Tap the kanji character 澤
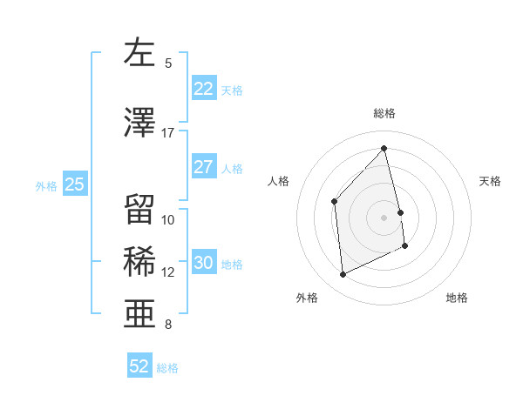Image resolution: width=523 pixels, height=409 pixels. tap(139, 124)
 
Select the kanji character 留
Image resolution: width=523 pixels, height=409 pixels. tap(139, 209)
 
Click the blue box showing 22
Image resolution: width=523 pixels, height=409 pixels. tap(204, 89)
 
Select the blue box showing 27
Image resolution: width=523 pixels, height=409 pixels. tap(204, 167)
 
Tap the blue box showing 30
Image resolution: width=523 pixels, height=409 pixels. tap(204, 264)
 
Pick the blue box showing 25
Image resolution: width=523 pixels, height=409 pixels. tap(74, 184)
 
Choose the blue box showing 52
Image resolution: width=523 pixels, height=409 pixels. tap(139, 366)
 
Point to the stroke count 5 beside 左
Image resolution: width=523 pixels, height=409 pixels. tap(168, 64)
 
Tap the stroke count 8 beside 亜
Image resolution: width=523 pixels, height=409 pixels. tap(168, 325)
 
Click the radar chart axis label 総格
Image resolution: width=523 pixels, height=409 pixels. tap(384, 113)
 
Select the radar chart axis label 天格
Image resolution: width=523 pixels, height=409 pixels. tap(491, 181)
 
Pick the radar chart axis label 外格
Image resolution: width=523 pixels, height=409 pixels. tap(307, 298)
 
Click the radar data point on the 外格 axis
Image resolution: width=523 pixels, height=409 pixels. tap(343, 275)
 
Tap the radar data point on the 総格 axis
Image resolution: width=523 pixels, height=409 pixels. tap(384, 149)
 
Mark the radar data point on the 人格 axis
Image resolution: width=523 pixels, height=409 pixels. tap(334, 202)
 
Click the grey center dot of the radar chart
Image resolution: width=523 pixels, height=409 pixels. tap(384, 218)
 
